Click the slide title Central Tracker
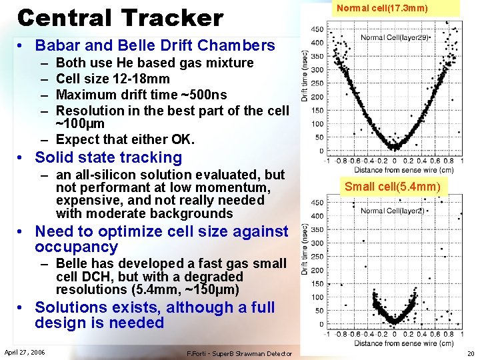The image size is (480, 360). (x=120, y=17)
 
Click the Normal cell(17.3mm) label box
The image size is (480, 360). (x=382, y=9)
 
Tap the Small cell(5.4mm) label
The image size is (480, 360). (x=392, y=187)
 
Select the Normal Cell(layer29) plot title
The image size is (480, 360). (x=395, y=38)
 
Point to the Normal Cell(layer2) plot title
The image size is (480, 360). (x=392, y=211)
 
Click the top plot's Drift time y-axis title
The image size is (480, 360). (x=305, y=78)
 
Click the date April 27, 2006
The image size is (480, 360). (x=25, y=352)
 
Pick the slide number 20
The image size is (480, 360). (x=470, y=353)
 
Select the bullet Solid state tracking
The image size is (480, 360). (x=108, y=158)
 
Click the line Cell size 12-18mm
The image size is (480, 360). (x=113, y=79)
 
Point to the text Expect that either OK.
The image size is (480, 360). (x=125, y=139)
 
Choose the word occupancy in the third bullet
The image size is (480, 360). (x=76, y=247)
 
